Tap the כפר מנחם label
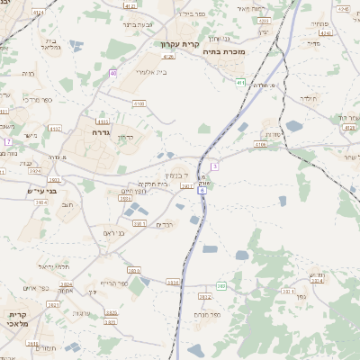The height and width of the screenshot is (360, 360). [205, 314]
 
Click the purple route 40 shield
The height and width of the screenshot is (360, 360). [113, 73]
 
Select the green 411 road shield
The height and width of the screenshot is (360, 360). [240, 83]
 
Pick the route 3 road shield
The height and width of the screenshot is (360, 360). [215, 166]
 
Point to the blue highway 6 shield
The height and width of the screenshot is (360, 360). [202, 190]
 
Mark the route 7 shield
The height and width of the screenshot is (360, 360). [7, 141]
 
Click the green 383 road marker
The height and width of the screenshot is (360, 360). [220, 285]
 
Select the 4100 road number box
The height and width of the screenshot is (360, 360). [138, 103]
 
